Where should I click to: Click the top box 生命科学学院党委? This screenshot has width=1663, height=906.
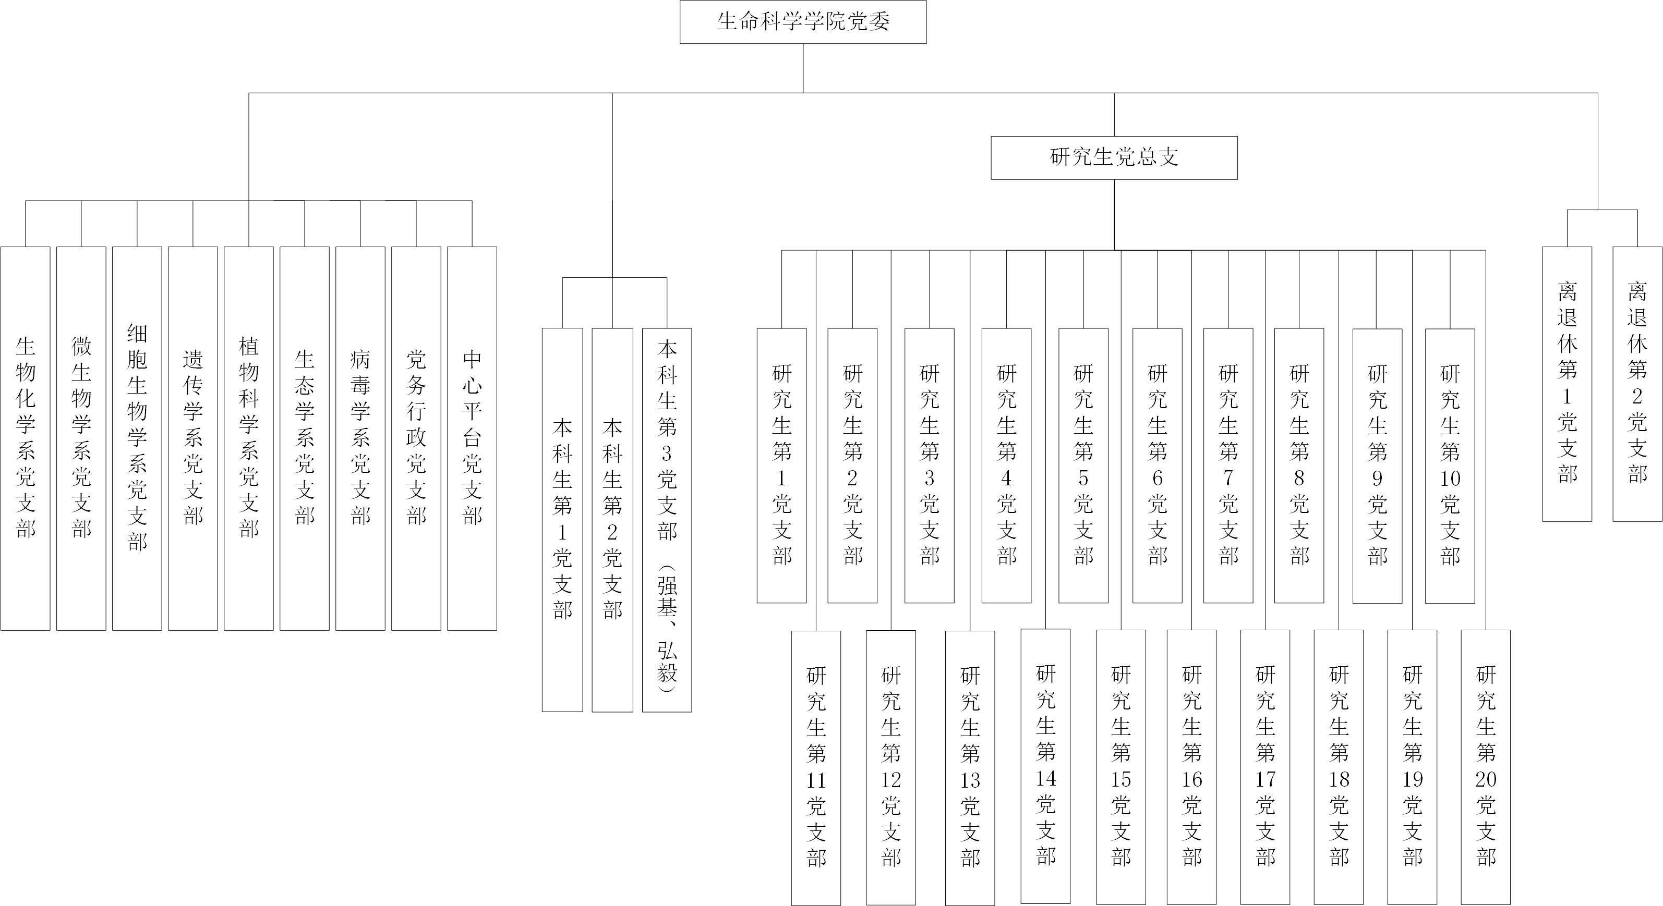[x=803, y=22]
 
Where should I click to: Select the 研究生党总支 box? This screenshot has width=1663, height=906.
[x=1114, y=157]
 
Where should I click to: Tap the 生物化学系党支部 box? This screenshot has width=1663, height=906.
[x=25, y=438]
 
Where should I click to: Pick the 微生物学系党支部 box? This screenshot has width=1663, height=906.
[x=81, y=438]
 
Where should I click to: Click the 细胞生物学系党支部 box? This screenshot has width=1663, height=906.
[x=137, y=438]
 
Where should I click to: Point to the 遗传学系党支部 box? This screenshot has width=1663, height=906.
[x=193, y=438]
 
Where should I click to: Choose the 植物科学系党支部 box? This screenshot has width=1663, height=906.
[x=248, y=438]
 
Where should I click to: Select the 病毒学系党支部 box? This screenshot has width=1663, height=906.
[x=360, y=438]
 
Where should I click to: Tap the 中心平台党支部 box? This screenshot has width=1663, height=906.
[x=472, y=438]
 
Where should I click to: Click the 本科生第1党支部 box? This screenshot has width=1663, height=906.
[x=562, y=520]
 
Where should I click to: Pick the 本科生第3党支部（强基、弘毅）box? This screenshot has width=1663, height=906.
[x=667, y=520]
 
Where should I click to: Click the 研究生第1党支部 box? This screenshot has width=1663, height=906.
[x=782, y=466]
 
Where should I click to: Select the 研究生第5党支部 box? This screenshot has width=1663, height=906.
[x=1083, y=466]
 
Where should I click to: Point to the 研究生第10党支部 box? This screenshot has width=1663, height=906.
[x=1450, y=466]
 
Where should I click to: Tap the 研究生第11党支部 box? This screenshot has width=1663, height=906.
[x=816, y=768]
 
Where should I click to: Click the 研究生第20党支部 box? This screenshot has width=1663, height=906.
[x=1486, y=767]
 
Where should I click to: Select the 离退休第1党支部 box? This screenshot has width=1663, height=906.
[x=1568, y=384]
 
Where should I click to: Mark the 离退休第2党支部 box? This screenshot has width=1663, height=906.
[x=1637, y=384]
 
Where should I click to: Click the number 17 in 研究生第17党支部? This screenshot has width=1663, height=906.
[x=1266, y=779]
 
